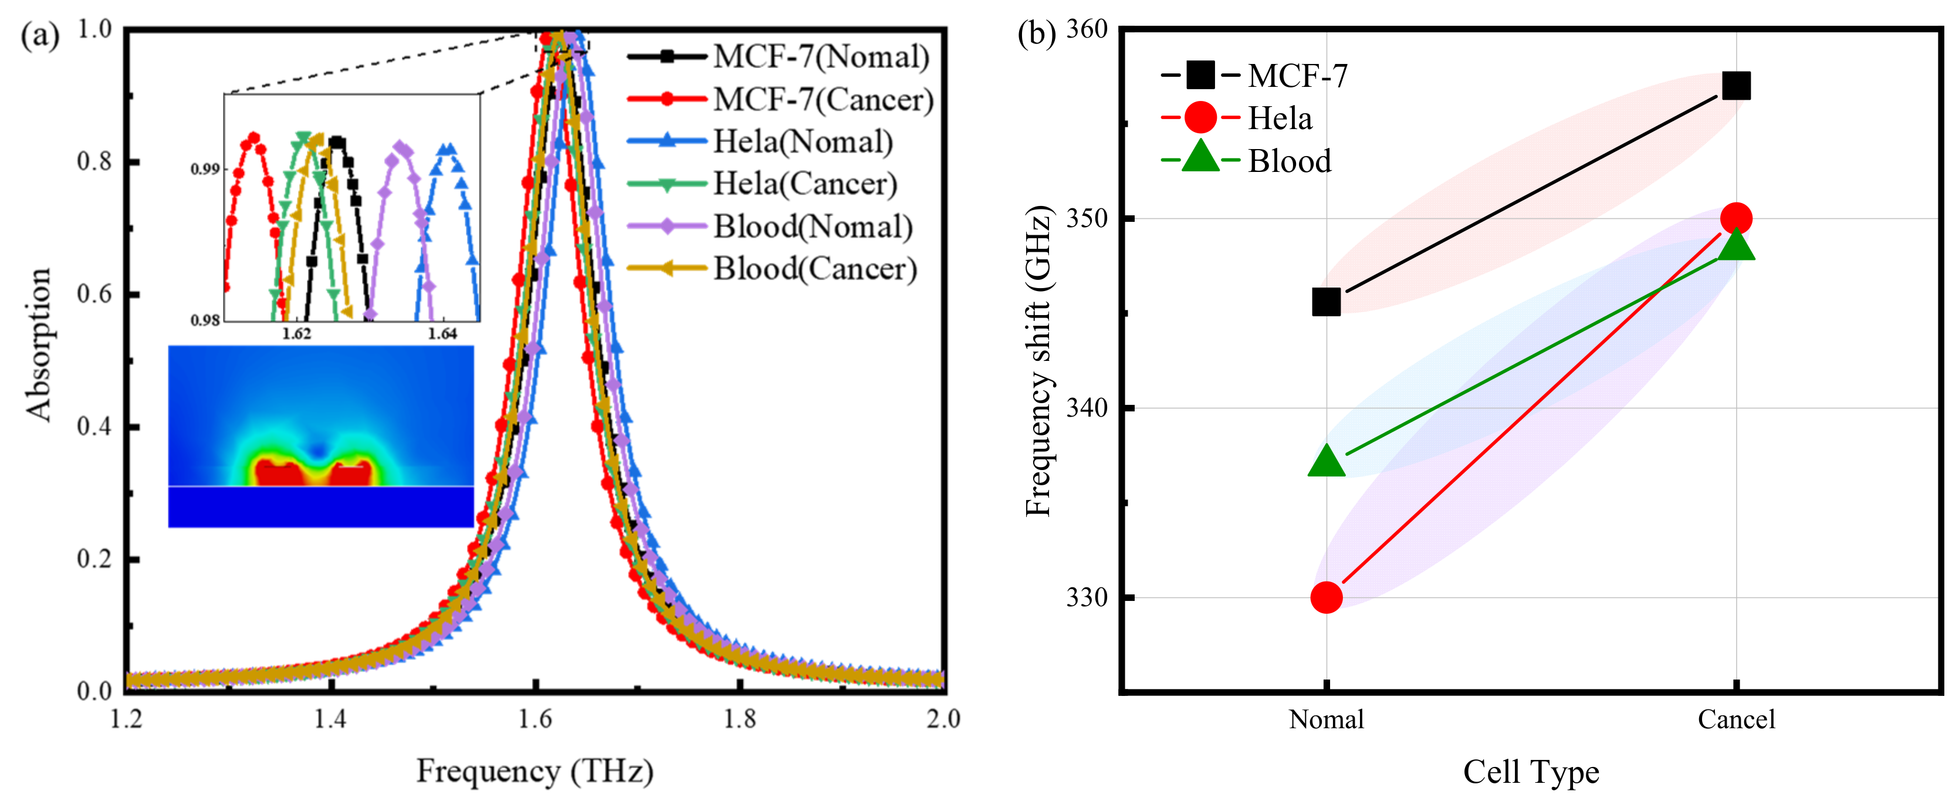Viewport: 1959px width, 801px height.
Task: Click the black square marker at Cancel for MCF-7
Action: coord(1735,86)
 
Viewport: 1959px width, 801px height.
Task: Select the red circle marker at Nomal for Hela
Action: coord(1327,597)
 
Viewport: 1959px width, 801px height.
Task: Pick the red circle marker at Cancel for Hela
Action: coord(1735,219)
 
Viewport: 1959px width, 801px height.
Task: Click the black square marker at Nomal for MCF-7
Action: coord(1327,302)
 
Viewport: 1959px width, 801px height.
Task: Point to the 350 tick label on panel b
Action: coord(1087,218)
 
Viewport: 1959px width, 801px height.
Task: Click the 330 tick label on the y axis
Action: coord(1087,597)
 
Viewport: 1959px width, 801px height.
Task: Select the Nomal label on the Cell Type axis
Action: coord(1327,719)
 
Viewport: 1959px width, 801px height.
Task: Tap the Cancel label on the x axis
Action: coord(1736,719)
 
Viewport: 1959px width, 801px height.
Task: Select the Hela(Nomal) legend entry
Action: coord(802,141)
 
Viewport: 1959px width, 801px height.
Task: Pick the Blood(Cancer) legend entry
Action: coord(814,269)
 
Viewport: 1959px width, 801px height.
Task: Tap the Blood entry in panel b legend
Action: coord(1289,161)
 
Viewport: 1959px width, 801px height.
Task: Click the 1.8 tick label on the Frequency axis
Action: coord(739,719)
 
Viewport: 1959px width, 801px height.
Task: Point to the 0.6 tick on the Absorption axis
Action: coord(95,293)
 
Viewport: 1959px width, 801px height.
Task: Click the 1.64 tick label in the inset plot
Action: coord(442,334)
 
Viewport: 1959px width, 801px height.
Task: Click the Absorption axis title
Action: coord(38,344)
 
